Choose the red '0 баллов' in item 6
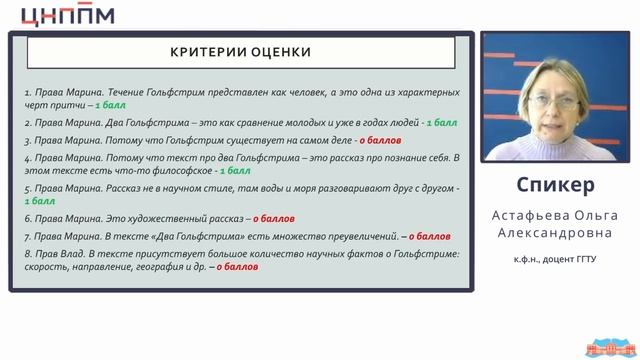click(274, 217)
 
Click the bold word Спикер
click(558, 186)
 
